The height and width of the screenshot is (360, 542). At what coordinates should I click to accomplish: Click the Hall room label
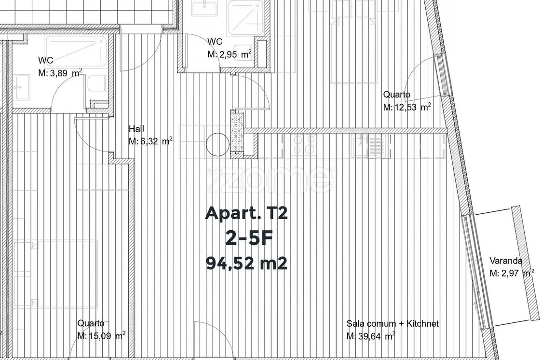pyautogui.click(x=136, y=129)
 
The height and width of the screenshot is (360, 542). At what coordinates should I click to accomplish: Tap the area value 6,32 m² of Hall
pyautogui.click(x=150, y=141)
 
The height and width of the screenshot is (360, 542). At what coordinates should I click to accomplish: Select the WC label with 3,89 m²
pyautogui.click(x=46, y=60)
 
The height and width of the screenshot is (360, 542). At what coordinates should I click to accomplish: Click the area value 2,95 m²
pyautogui.click(x=229, y=55)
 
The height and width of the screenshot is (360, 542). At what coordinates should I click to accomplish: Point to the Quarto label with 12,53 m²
pyautogui.click(x=396, y=95)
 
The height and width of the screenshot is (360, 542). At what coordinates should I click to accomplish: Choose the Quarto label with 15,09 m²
pyautogui.click(x=91, y=323)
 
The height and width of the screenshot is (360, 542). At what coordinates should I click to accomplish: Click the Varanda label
pyautogui.click(x=506, y=261)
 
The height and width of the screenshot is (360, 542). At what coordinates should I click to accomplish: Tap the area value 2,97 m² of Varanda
pyautogui.click(x=512, y=273)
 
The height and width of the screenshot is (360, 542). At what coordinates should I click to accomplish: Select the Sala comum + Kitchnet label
pyautogui.click(x=393, y=324)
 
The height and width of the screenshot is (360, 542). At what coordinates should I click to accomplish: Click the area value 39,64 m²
pyautogui.click(x=371, y=336)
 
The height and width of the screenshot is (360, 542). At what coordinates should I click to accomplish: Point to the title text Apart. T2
pyautogui.click(x=246, y=213)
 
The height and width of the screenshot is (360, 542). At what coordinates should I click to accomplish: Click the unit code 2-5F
pyautogui.click(x=248, y=238)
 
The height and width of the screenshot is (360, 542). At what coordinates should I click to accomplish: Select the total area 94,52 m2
pyautogui.click(x=246, y=263)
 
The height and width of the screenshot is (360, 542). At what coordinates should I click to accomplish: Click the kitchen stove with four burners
pyautogui.click(x=304, y=144)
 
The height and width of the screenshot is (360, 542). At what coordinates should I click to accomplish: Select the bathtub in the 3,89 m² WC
pyautogui.click(x=76, y=51)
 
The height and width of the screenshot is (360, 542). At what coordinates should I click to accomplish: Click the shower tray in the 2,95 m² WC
pyautogui.click(x=245, y=18)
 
